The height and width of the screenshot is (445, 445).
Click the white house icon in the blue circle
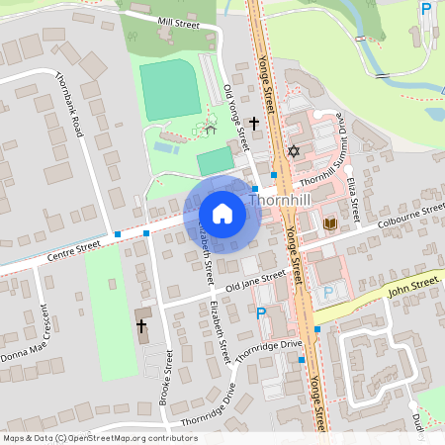pyautogui.click(x=222, y=214)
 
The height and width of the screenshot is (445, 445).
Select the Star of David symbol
pyautogui.click(x=293, y=151)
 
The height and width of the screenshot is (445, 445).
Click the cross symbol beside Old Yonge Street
pyautogui.click(x=254, y=124)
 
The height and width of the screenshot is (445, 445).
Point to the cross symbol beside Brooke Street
pyautogui.click(x=140, y=324)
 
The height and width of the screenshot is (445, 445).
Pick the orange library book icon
pyautogui.click(x=330, y=224)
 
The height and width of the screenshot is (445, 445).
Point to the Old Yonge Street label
pyautogui.click(x=237, y=117)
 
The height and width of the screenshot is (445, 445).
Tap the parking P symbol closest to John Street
pyautogui.click(x=328, y=293)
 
